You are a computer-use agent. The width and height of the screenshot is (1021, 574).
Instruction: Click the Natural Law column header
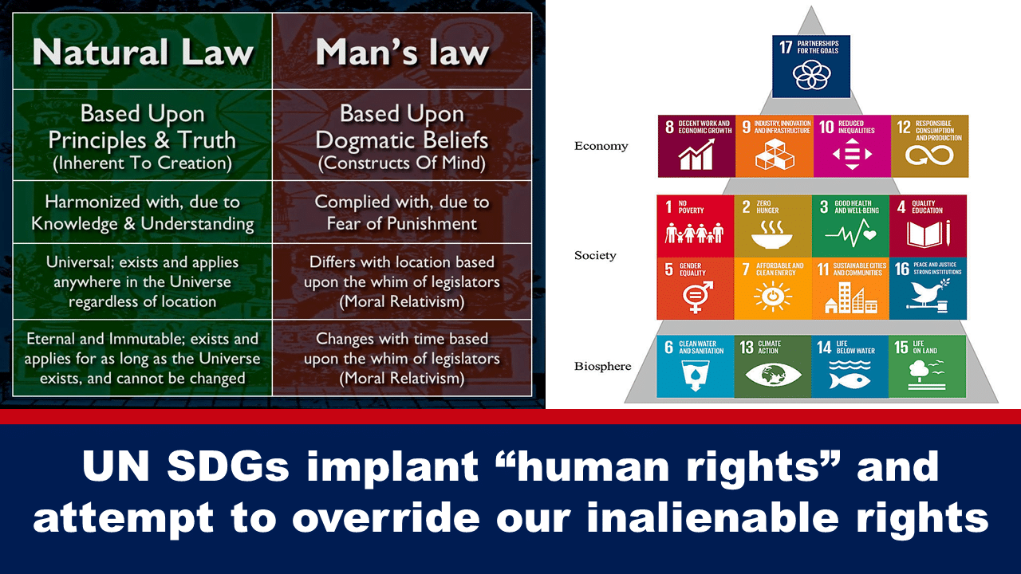[143, 52]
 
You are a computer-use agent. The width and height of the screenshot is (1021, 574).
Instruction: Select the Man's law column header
[402, 52]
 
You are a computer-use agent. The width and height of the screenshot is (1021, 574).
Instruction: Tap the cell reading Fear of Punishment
[402, 212]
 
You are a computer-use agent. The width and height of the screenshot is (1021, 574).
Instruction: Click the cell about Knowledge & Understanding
[143, 212]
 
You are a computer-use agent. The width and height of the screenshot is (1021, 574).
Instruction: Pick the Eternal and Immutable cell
[143, 358]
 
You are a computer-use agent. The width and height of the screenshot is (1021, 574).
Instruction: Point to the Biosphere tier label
[602, 366]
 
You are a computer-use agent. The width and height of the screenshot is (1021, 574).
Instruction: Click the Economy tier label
[601, 146]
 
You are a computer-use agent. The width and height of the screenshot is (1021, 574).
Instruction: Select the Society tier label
[595, 255]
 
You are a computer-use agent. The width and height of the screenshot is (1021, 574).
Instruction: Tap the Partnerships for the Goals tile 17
[811, 66]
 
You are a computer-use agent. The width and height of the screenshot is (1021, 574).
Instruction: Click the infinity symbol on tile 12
[929, 155]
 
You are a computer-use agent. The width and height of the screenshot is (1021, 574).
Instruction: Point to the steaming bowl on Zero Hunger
[771, 234]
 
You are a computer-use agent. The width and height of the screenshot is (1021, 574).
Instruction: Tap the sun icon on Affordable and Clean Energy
[773, 297]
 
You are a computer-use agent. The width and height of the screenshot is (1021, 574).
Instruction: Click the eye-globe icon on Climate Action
[773, 375]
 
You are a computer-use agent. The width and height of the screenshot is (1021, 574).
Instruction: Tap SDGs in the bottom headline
[228, 467]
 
